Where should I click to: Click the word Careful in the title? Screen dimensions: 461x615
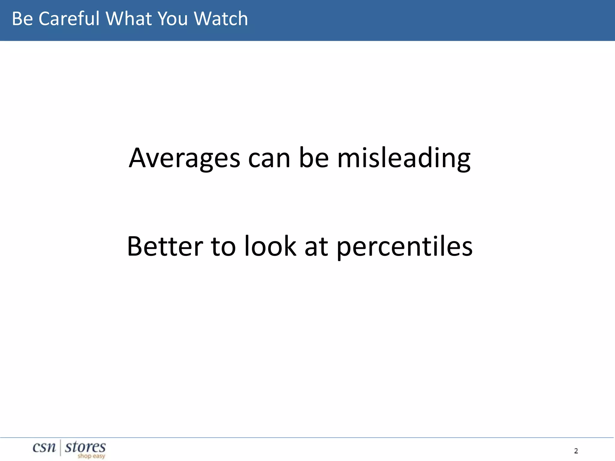coord(69,19)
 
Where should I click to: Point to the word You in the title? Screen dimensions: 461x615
coord(173,19)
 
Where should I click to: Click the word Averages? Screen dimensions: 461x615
coord(184,158)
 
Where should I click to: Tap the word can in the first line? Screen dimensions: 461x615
coord(269,158)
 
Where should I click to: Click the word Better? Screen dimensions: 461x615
coord(165,246)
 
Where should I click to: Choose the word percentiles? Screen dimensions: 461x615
coord(404,247)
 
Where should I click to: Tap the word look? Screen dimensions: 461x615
coord(270,246)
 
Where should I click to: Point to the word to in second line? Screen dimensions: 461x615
coord(223,246)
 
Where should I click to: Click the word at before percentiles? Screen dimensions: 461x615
coord(316,246)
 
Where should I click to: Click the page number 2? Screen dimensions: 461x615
coord(576,451)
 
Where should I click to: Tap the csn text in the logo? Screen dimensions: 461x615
coord(44,447)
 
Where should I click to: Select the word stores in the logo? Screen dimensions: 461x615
coord(85,447)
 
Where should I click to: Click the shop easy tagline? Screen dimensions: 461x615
coord(91,456)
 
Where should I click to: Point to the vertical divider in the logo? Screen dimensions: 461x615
coord(61,447)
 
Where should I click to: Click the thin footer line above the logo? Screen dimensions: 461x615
coord(307,438)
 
